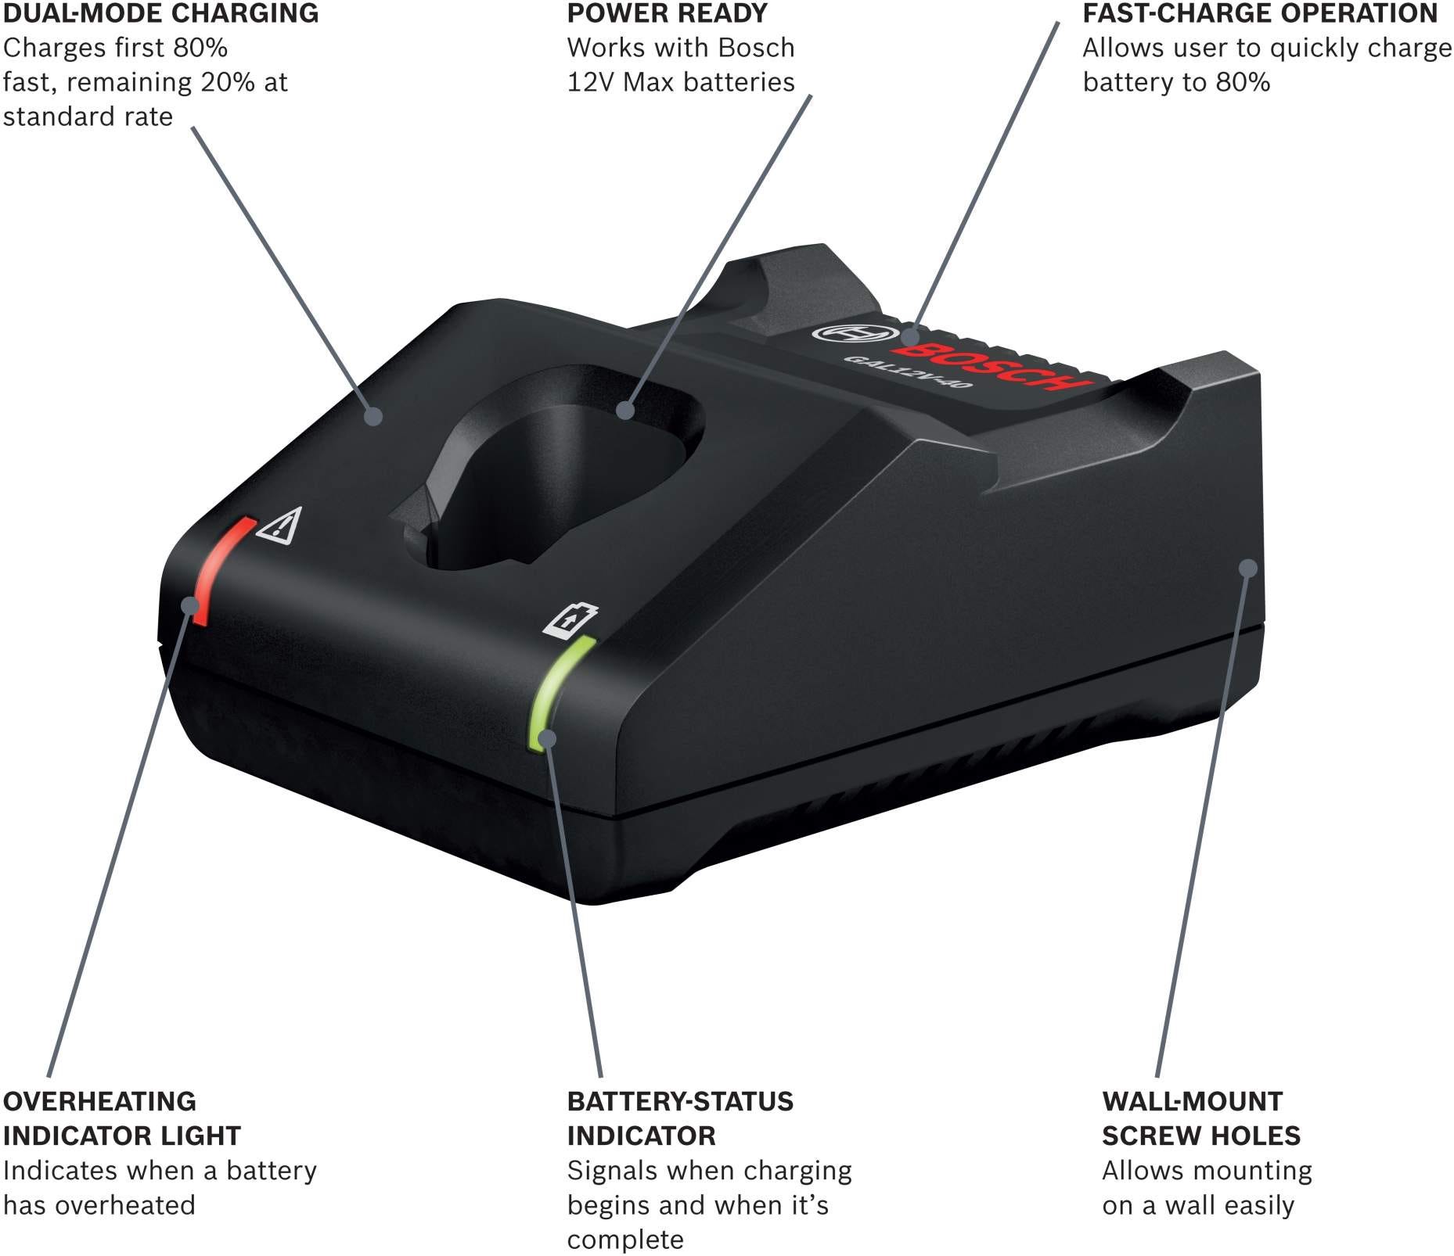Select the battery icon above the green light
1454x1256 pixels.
click(x=570, y=619)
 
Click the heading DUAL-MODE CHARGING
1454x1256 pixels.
click(x=160, y=13)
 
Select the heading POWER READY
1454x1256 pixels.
click(x=668, y=13)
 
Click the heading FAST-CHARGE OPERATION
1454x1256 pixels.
click(x=1261, y=13)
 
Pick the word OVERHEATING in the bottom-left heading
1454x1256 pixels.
click(x=100, y=1101)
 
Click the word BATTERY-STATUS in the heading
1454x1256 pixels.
click(x=680, y=1101)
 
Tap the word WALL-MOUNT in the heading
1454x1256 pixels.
click(x=1193, y=1101)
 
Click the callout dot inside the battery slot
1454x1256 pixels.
click(x=625, y=409)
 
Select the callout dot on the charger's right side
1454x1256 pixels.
click(x=1249, y=567)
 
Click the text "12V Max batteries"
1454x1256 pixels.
click(x=681, y=82)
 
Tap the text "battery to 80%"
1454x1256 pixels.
click(x=1176, y=82)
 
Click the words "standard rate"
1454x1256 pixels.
click(x=88, y=117)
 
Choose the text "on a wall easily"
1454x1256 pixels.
click(x=1198, y=1205)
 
